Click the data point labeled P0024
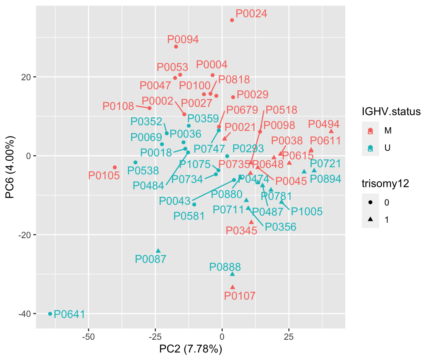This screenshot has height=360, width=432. click(x=232, y=20)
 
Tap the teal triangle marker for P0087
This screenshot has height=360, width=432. click(x=158, y=251)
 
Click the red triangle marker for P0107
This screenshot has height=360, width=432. click(x=232, y=287)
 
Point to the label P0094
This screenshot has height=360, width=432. click(x=183, y=39)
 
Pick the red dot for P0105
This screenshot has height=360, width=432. click(x=115, y=167)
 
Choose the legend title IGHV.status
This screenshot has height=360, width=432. click(x=391, y=111)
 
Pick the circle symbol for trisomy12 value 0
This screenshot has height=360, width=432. click(x=370, y=202)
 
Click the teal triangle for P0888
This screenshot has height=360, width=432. click(x=232, y=274)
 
